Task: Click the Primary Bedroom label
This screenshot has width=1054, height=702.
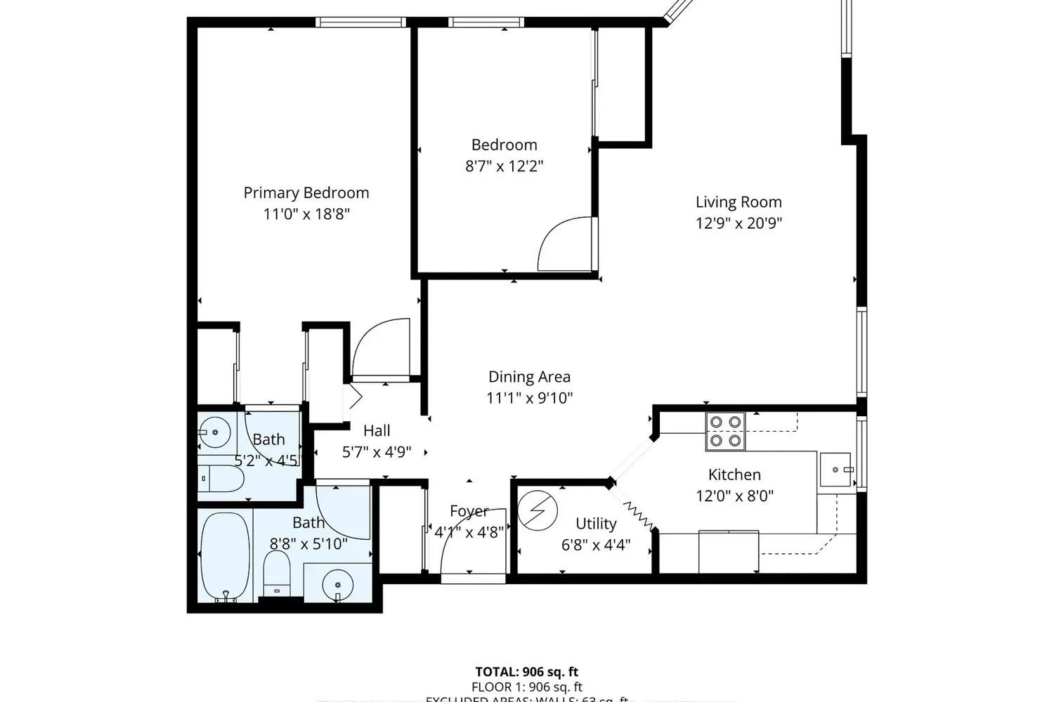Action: pos(306,193)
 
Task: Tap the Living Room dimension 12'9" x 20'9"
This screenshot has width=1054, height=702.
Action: pos(739,223)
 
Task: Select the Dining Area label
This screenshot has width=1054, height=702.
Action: pos(529,377)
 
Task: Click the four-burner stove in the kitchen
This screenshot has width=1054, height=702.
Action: pos(725,431)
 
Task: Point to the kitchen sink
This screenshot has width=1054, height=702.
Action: pos(836,469)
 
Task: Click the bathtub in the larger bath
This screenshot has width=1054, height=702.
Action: pos(225,557)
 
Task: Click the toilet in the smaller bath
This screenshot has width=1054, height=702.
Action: pos(220,479)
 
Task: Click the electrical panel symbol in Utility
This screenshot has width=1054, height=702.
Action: pos(538,510)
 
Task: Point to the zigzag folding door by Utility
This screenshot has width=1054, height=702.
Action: pos(638,515)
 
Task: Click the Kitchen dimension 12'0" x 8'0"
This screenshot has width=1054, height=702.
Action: pos(734,496)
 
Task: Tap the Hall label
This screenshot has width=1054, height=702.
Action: pos(377,431)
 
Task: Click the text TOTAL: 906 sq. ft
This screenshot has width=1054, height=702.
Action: pos(526,672)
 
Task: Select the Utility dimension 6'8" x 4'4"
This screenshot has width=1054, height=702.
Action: pos(596,545)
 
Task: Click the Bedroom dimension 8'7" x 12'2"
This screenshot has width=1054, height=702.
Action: pos(504,166)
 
